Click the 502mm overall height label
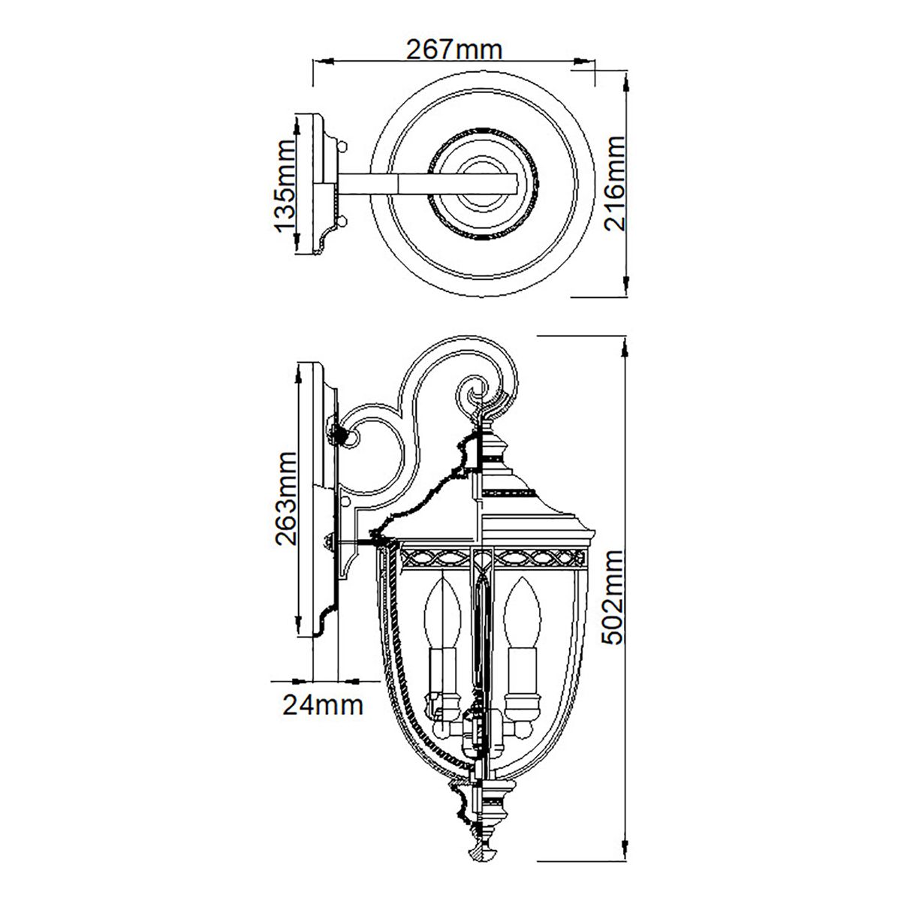pos(615,597)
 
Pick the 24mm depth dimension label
pos(323,705)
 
